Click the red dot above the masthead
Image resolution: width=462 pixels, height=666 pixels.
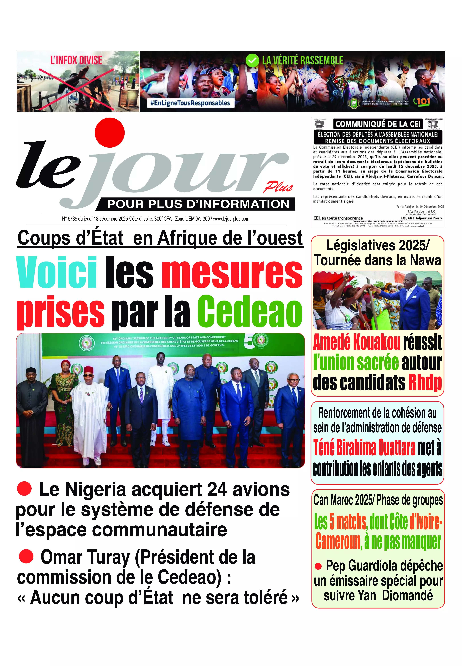click(x=110, y=132)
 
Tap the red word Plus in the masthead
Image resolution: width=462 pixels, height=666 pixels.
click(x=278, y=187)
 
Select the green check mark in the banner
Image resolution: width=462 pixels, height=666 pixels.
click(x=252, y=61)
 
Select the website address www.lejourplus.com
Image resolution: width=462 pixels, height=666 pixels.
click(x=231, y=219)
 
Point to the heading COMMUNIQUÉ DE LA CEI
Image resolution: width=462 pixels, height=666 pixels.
click(x=378, y=124)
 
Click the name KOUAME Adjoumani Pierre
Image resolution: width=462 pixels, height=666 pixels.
click(x=421, y=218)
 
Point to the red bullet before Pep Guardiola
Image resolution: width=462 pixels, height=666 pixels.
click(x=318, y=566)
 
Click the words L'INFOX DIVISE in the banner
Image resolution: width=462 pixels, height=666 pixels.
click(x=76, y=60)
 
